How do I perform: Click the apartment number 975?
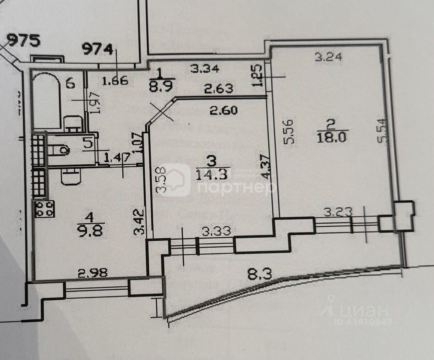[x=24, y=41]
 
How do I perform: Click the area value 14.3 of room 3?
[x=211, y=175]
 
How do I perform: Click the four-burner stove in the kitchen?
[x=45, y=209]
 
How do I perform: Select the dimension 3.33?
[x=215, y=231]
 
